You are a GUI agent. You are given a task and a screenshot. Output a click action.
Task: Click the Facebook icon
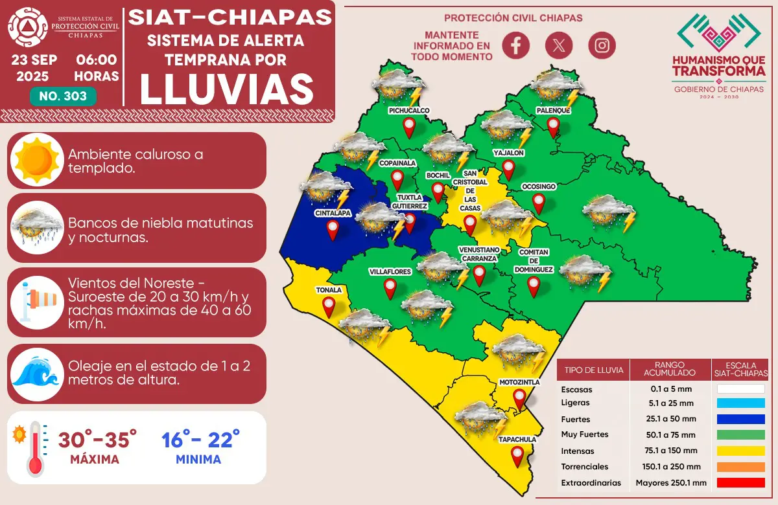pyautogui.click(x=516, y=45)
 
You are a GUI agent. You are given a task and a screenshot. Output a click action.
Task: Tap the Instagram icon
pyautogui.click(x=602, y=45)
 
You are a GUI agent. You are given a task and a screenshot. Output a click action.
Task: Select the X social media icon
pyautogui.click(x=559, y=45)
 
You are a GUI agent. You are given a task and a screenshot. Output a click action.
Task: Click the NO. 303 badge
pyautogui.click(x=63, y=96)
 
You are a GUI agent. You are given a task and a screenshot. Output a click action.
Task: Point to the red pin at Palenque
pyautogui.click(x=552, y=127)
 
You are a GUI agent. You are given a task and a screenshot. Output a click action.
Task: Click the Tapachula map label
pyautogui.click(x=517, y=440)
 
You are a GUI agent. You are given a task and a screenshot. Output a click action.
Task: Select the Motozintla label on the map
pyautogui.click(x=519, y=382)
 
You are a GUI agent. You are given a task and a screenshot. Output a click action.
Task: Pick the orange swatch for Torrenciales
pyautogui.click(x=740, y=467)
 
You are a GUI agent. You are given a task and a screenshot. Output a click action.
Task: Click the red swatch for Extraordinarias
pyautogui.click(x=740, y=482)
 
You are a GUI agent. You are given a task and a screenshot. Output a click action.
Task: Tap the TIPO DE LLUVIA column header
pyautogui.click(x=594, y=370)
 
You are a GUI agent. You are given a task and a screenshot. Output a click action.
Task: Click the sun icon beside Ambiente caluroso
pyautogui.click(x=37, y=159)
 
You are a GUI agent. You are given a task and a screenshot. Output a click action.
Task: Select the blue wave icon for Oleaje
pyautogui.click(x=37, y=372)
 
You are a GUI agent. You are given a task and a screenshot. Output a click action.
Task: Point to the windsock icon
pyautogui.click(x=37, y=299)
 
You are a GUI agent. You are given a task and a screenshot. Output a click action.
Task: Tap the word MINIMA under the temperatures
pyautogui.click(x=198, y=460)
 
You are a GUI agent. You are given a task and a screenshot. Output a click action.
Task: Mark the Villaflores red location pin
pyautogui.click(x=390, y=289)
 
